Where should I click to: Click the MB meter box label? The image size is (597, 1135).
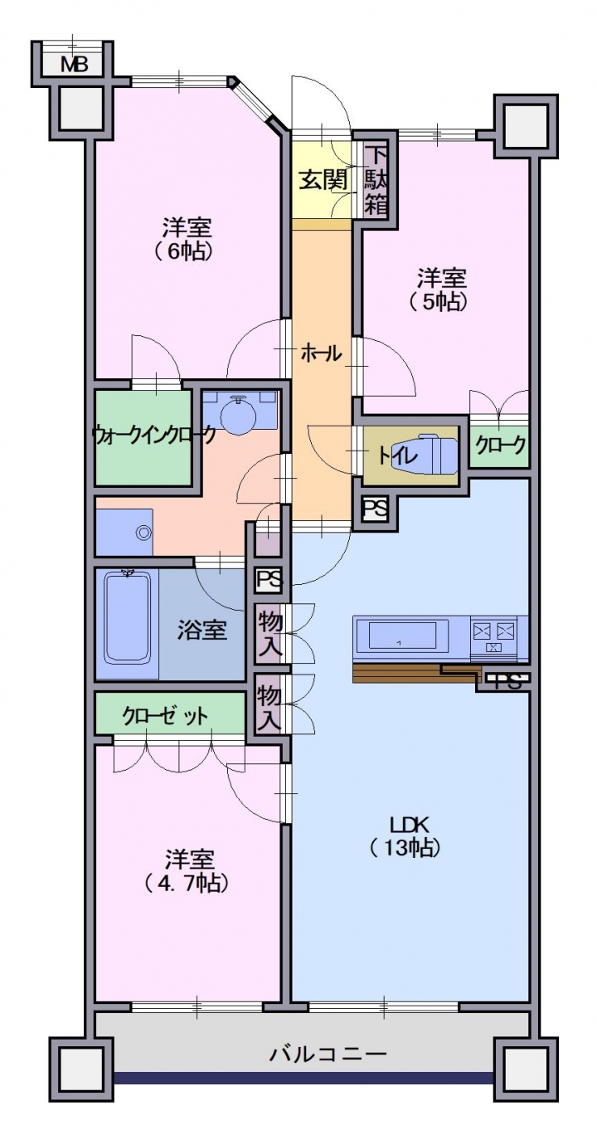(74, 65)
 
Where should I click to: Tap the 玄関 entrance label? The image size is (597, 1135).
(323, 179)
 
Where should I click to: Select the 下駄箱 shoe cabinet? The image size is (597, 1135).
(376, 180)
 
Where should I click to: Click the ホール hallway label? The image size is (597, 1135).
(322, 353)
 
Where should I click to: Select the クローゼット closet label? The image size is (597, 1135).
(164, 715)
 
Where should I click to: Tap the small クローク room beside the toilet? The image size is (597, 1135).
(499, 444)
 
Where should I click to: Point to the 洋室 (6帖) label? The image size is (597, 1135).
(186, 239)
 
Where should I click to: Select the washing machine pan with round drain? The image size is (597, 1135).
(124, 532)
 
